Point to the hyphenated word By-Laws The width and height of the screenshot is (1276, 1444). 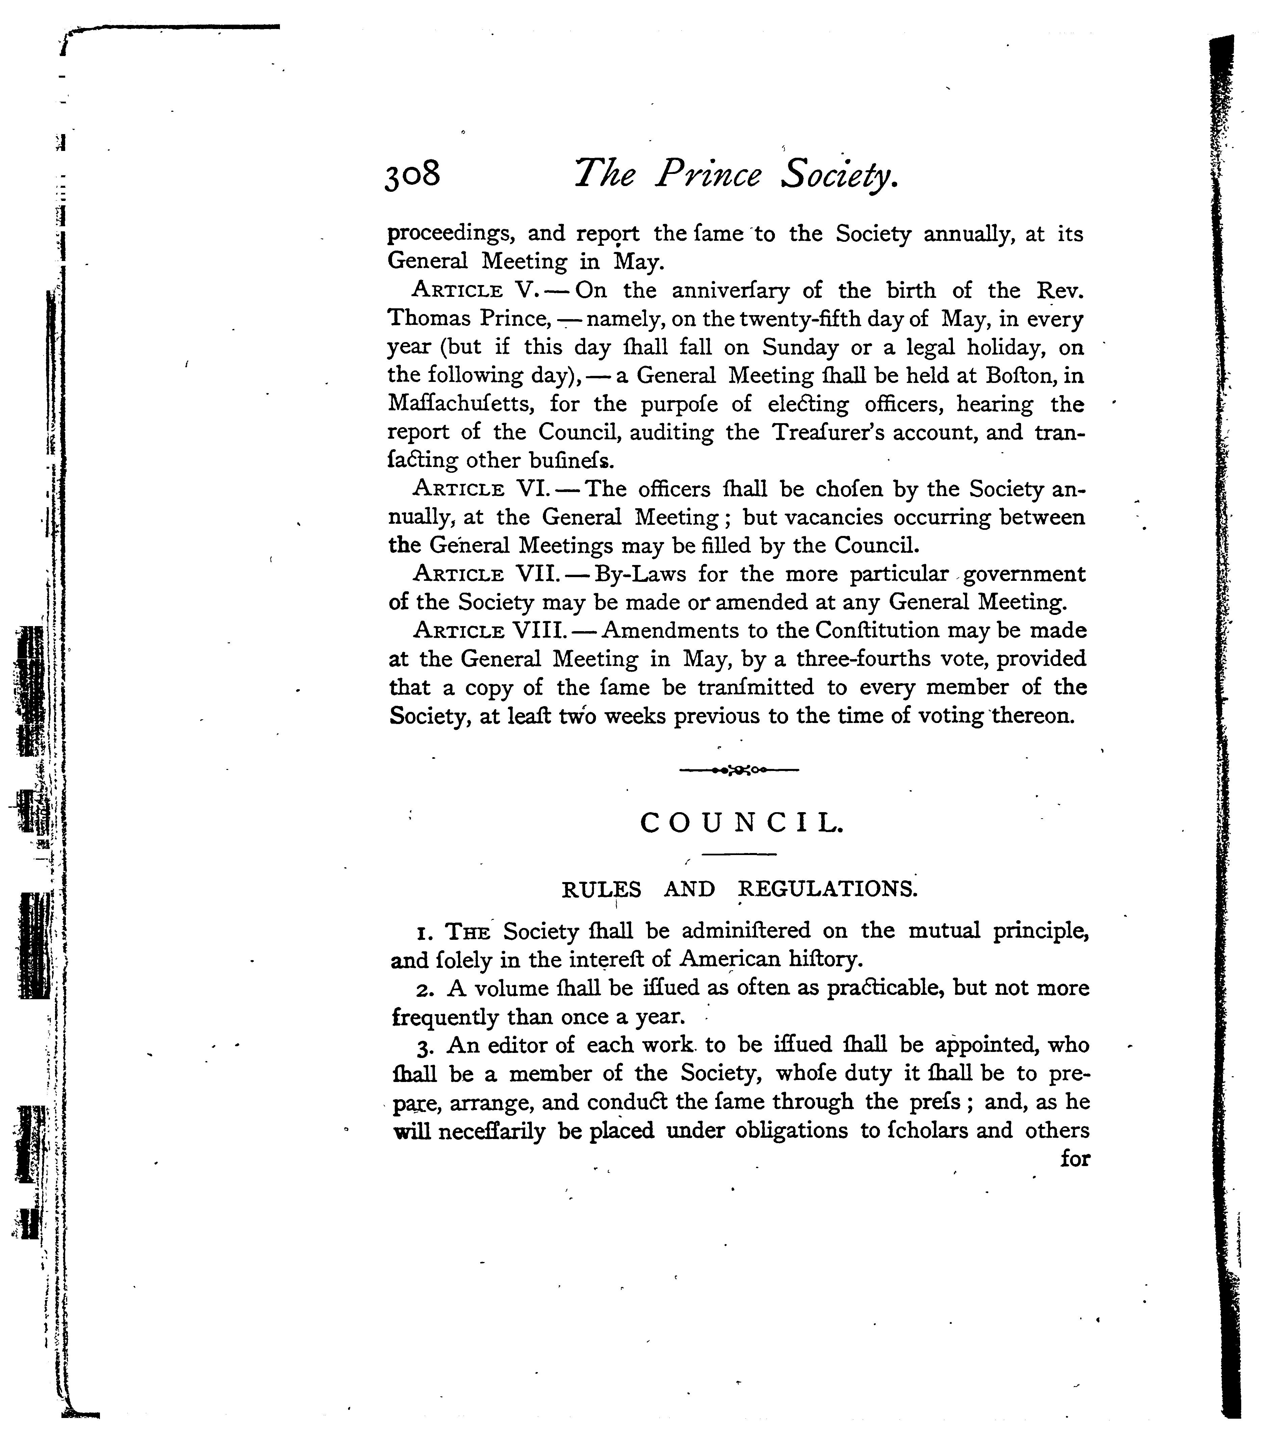(641, 574)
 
